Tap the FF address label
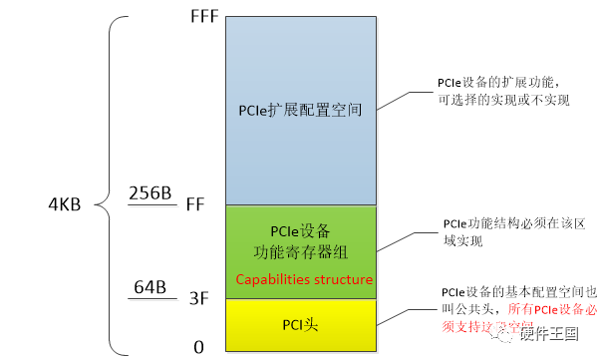coord(195,203)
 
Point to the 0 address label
coord(198,347)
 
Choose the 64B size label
coord(149,287)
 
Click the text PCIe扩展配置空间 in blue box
coord(300,110)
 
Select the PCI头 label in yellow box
coord(301,326)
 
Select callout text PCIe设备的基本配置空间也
coord(516,292)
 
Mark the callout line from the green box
coord(409,239)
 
